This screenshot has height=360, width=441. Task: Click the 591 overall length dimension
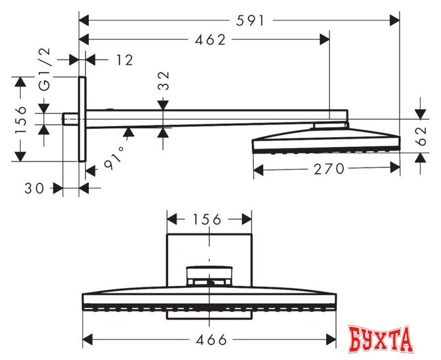tap(250, 21)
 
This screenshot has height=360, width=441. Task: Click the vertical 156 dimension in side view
tap(21, 119)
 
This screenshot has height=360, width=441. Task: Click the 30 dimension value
tap(34, 188)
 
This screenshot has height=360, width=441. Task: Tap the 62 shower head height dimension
tap(421, 136)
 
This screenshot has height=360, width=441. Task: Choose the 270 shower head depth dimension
tap(327, 168)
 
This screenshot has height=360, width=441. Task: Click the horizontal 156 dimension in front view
tap(209, 219)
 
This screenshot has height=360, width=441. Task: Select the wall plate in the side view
tap(82, 119)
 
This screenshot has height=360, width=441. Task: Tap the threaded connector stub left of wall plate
tap(70, 119)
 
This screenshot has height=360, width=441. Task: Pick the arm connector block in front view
tap(209, 276)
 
